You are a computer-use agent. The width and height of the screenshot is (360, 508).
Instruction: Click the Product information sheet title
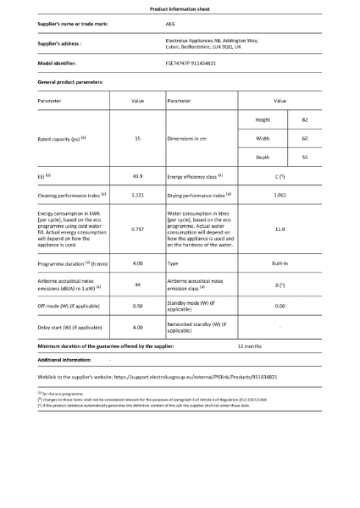click(180, 8)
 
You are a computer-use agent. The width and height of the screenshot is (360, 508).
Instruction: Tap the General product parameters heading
click(71, 81)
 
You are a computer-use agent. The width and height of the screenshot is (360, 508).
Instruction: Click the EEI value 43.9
click(137, 176)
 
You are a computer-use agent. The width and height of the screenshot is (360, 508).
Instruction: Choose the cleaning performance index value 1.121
click(137, 195)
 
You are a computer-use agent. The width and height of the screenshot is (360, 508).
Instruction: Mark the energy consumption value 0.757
click(137, 229)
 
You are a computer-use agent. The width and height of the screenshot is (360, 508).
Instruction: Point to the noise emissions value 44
click(137, 285)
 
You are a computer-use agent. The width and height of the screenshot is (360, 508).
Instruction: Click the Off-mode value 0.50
click(137, 305)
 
